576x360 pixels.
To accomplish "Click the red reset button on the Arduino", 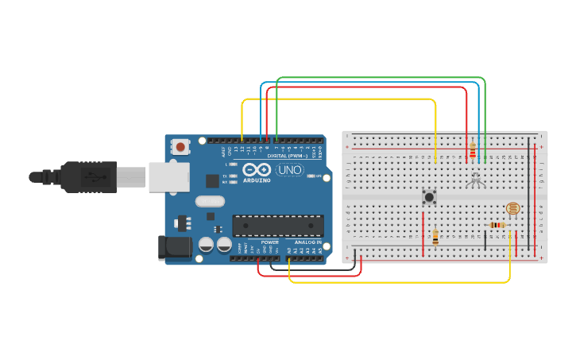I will [181, 146].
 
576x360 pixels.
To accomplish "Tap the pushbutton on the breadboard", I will [430, 196].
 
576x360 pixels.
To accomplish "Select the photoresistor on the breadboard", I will [512, 209].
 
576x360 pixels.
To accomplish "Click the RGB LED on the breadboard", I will [475, 180].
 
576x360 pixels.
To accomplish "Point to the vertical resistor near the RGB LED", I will [473, 149].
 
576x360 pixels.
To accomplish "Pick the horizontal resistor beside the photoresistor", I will [497, 225].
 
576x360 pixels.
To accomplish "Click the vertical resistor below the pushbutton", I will [435, 236].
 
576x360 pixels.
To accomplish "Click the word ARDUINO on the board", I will [257, 180].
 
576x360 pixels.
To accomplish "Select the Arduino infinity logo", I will [257, 169].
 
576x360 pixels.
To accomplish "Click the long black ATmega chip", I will [278, 226].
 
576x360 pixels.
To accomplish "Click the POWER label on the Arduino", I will [270, 242].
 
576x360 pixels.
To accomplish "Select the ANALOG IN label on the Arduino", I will [308, 242].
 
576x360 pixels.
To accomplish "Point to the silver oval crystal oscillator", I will [211, 202].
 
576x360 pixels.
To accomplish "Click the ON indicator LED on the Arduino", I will [311, 176].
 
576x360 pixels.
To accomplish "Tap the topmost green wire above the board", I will [381, 78].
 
